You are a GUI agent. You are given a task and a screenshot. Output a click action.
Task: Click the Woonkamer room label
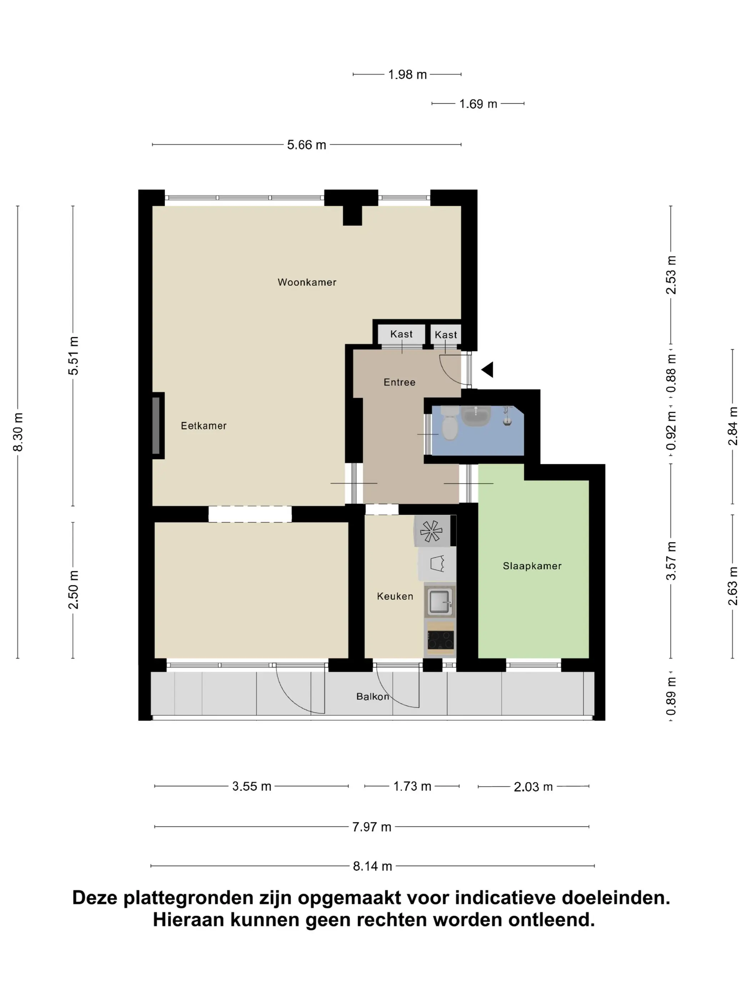tap(307, 282)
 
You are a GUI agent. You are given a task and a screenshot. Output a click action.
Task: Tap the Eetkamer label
tap(204, 425)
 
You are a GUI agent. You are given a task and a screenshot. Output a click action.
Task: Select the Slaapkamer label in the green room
tap(532, 566)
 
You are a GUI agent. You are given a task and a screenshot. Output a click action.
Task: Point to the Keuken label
tap(395, 596)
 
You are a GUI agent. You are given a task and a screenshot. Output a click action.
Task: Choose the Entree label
tap(399, 382)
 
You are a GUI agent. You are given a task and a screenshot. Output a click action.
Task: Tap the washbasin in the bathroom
tap(476, 415)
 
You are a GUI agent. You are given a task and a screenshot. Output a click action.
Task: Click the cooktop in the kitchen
tap(441, 638)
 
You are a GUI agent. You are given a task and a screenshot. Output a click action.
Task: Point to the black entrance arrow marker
tap(487, 369)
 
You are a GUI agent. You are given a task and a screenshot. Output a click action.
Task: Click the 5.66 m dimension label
tap(306, 145)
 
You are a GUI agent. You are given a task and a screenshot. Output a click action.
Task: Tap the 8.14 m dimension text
tap(372, 866)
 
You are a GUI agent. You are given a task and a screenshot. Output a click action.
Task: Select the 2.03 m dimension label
tap(533, 787)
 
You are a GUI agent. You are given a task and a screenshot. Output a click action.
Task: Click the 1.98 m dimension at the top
tap(407, 75)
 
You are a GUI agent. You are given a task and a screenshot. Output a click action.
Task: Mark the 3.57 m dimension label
tap(671, 561)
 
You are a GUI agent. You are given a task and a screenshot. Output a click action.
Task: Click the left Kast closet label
tap(401, 334)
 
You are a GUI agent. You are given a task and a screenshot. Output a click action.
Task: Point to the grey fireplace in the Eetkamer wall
tap(156, 425)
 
